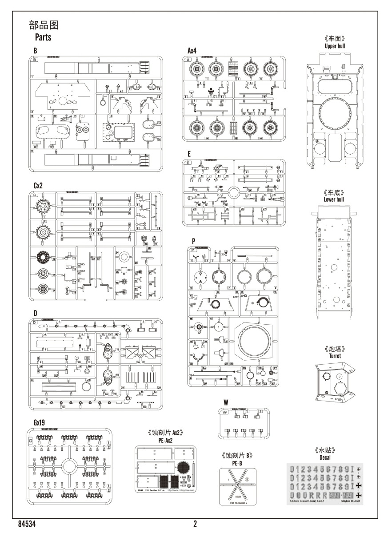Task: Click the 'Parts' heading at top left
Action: click(x=43, y=37)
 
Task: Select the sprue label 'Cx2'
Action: click(x=37, y=185)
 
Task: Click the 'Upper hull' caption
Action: click(x=335, y=46)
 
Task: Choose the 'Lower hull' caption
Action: click(x=334, y=199)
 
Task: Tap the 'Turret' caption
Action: click(x=335, y=356)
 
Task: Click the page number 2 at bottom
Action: click(x=195, y=524)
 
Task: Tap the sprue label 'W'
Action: click(x=226, y=402)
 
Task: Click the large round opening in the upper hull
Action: click(x=335, y=111)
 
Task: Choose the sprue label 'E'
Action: click(x=189, y=154)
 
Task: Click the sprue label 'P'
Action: click(x=193, y=240)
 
